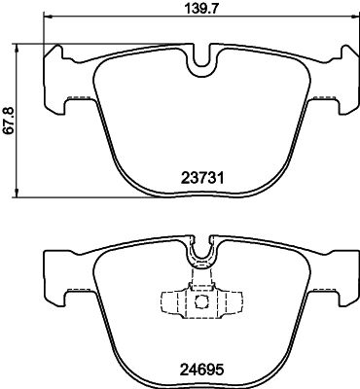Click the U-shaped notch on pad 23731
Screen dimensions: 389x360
tap(202, 62)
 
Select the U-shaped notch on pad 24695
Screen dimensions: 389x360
tap(202, 254)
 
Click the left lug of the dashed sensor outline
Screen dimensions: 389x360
tap(165, 300)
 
